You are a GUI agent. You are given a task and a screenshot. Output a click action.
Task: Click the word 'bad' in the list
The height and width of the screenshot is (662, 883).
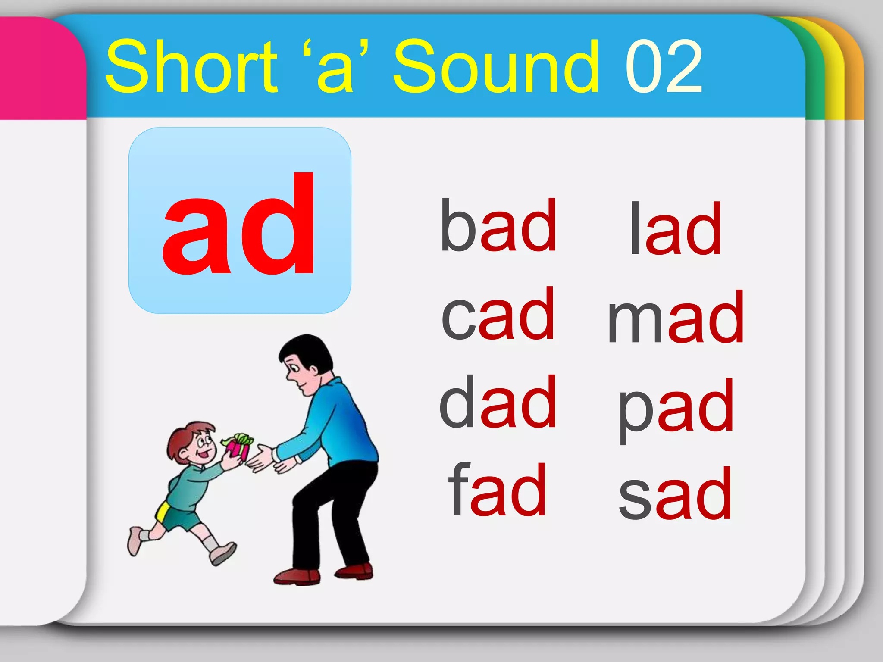point(498,225)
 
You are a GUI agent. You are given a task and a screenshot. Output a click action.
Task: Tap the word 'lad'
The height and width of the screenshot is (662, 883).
point(675,229)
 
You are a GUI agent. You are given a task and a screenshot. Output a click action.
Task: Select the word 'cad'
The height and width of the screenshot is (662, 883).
point(498,314)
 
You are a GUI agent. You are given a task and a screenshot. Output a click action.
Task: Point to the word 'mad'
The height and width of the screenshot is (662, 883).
point(676,317)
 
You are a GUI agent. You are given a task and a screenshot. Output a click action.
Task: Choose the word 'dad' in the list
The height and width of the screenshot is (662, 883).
point(498,402)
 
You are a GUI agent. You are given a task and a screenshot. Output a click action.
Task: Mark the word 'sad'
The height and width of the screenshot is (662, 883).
point(675,493)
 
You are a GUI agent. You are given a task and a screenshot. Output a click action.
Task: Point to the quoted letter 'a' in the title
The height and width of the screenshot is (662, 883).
point(335,69)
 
